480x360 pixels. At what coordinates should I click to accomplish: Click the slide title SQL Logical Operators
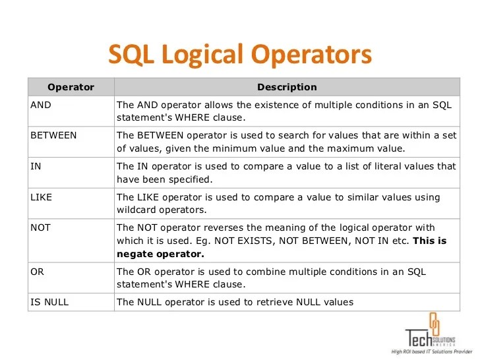239,55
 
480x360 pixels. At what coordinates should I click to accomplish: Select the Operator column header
71,87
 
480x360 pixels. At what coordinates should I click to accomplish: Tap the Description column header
287,87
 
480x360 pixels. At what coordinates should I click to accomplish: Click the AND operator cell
41,104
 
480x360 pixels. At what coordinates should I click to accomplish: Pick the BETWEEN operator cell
53,135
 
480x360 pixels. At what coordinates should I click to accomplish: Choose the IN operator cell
36,166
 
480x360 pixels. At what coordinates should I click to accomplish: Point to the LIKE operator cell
41,197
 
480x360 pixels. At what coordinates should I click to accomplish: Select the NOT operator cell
40,227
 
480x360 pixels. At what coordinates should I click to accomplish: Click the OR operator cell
37,272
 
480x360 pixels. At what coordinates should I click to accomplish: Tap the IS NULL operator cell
49,302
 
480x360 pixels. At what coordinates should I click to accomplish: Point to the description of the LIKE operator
278,204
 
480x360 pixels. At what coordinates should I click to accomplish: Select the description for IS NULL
235,302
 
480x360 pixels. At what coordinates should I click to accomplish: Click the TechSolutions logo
429,333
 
